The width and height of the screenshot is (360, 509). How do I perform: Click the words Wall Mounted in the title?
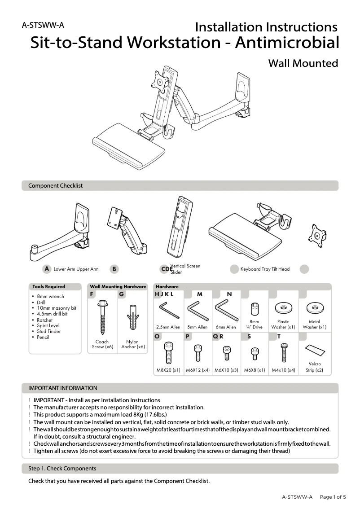pos(303,63)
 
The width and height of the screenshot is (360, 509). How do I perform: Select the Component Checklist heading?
pos(56,185)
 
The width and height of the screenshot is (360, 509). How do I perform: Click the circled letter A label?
pos(46,269)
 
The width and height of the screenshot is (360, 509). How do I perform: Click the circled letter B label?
pos(115,269)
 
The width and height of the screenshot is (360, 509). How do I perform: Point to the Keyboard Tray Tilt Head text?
pos(265,269)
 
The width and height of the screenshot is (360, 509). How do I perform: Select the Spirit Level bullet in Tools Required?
pos(48,326)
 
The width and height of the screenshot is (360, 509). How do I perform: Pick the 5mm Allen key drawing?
pos(197,310)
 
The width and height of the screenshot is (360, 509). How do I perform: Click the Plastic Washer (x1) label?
pos(283,325)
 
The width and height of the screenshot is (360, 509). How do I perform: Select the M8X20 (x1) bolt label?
pos(168,370)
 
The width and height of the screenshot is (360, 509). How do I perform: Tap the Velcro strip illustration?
pos(314,350)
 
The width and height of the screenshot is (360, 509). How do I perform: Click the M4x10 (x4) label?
pos(283,370)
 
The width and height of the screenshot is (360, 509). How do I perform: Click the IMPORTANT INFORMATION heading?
pos(62,388)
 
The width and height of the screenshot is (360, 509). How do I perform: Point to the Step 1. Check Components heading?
pos(62,468)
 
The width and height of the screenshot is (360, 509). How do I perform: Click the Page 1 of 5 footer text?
pos(333,497)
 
